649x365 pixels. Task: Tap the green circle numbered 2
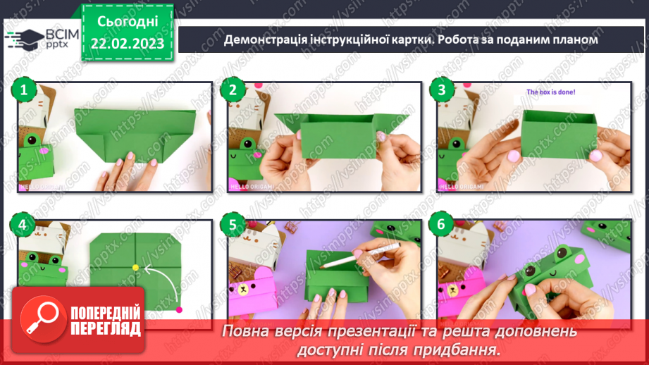234,90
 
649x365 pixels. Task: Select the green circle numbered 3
443,90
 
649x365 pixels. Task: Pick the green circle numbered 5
234,225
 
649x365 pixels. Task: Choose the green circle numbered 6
443,225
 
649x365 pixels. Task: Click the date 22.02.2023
127,44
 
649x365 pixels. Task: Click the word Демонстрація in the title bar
265,39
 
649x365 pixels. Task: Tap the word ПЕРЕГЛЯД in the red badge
104,329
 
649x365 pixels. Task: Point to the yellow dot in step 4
135,267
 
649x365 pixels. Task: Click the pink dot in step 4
179,309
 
